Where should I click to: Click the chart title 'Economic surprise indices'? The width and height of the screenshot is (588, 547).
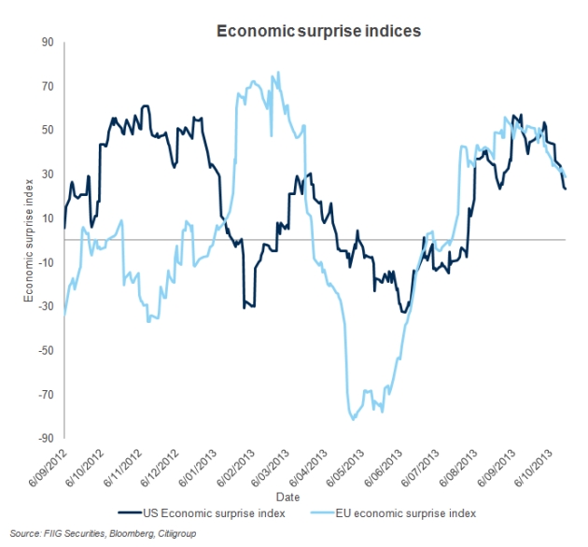[319, 31]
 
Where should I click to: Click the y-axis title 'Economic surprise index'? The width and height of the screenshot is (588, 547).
[29, 239]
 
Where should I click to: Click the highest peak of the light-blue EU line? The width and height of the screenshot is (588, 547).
[279, 72]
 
